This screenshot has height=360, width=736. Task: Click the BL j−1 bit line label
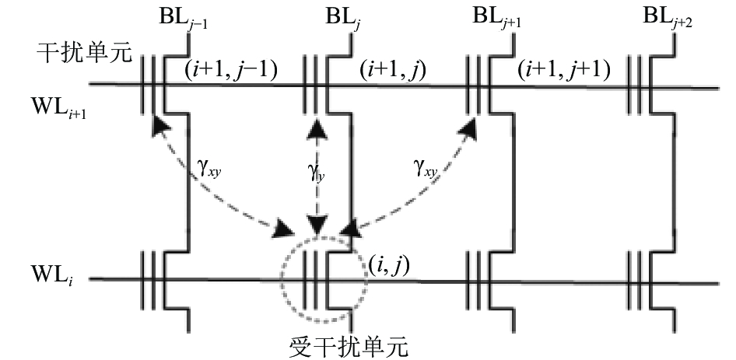click(x=184, y=19)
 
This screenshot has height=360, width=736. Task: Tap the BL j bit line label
click(x=342, y=18)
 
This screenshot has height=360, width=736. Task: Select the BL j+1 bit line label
click(x=496, y=18)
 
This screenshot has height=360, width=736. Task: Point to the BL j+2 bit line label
click(x=667, y=18)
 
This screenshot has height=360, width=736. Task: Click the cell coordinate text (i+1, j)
click(x=392, y=71)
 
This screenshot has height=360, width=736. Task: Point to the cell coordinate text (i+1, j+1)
click(x=564, y=71)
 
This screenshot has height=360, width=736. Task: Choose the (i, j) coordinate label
click(x=387, y=267)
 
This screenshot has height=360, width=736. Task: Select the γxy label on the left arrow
click(x=209, y=170)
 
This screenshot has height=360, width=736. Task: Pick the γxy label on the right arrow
click(x=426, y=170)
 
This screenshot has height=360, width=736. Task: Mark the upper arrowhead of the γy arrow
click(x=317, y=126)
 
